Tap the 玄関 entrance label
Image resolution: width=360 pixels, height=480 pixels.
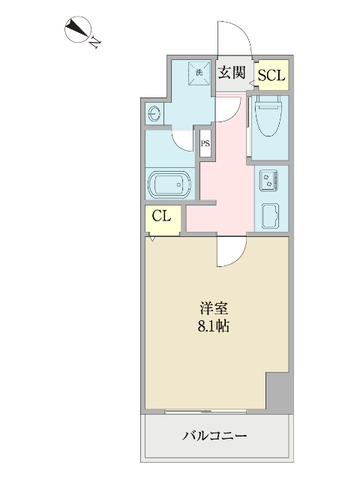pyautogui.click(x=232, y=73)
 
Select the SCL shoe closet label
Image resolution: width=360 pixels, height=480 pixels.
pyautogui.click(x=271, y=76)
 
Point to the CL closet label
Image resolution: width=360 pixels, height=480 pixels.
pyautogui.click(x=163, y=217)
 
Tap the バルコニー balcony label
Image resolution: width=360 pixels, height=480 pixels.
pyautogui.click(x=214, y=435)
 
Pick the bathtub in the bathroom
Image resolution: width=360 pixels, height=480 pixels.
pyautogui.click(x=169, y=184)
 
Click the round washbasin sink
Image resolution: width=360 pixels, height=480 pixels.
pyautogui.click(x=155, y=114)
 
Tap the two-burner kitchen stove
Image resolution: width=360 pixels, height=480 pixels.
pyautogui.click(x=268, y=180)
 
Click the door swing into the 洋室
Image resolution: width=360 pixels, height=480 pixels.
pyautogui.click(x=231, y=251)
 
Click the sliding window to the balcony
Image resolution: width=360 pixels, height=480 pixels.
pyautogui.click(x=214, y=410)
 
